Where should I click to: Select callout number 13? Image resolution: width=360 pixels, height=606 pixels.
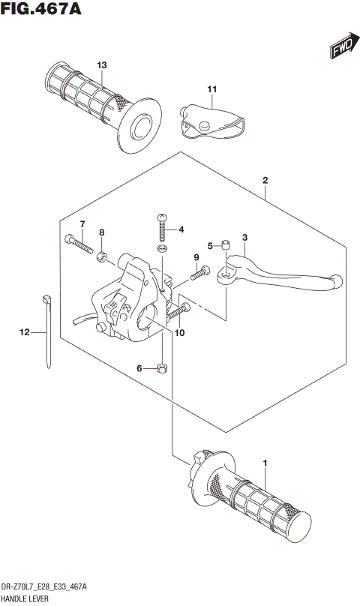[x=102, y=64]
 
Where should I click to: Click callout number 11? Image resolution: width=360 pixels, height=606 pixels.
[x=211, y=91]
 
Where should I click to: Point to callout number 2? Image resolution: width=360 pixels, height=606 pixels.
[x=265, y=181]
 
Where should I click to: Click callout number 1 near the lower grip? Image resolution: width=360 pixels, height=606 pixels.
[x=265, y=463]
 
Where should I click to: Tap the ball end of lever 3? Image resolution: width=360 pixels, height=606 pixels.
[x=337, y=282]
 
